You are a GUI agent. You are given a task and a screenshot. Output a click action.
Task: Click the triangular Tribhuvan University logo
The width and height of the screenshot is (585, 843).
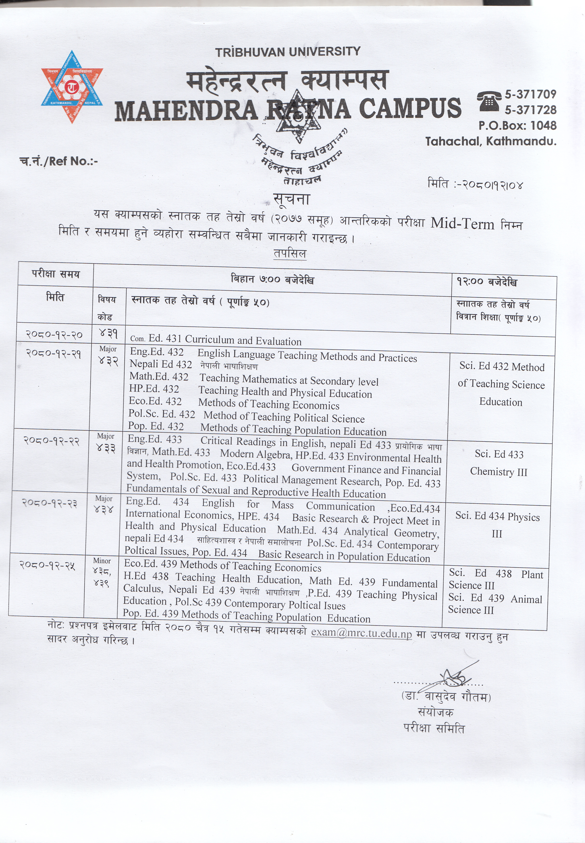tap(72, 87)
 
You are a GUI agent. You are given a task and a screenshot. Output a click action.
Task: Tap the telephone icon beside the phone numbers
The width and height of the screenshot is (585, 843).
tap(489, 101)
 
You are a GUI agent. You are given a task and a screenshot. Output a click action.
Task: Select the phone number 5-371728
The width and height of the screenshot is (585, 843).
tap(530, 110)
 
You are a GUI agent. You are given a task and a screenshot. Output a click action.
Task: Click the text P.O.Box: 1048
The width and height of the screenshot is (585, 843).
tap(517, 125)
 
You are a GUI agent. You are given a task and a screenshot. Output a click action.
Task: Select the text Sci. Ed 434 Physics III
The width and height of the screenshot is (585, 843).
tap(498, 525)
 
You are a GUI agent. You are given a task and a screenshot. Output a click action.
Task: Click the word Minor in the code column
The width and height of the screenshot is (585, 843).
tap(102, 561)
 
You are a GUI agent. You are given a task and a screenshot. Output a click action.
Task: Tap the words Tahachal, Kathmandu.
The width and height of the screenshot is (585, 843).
tap(491, 141)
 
